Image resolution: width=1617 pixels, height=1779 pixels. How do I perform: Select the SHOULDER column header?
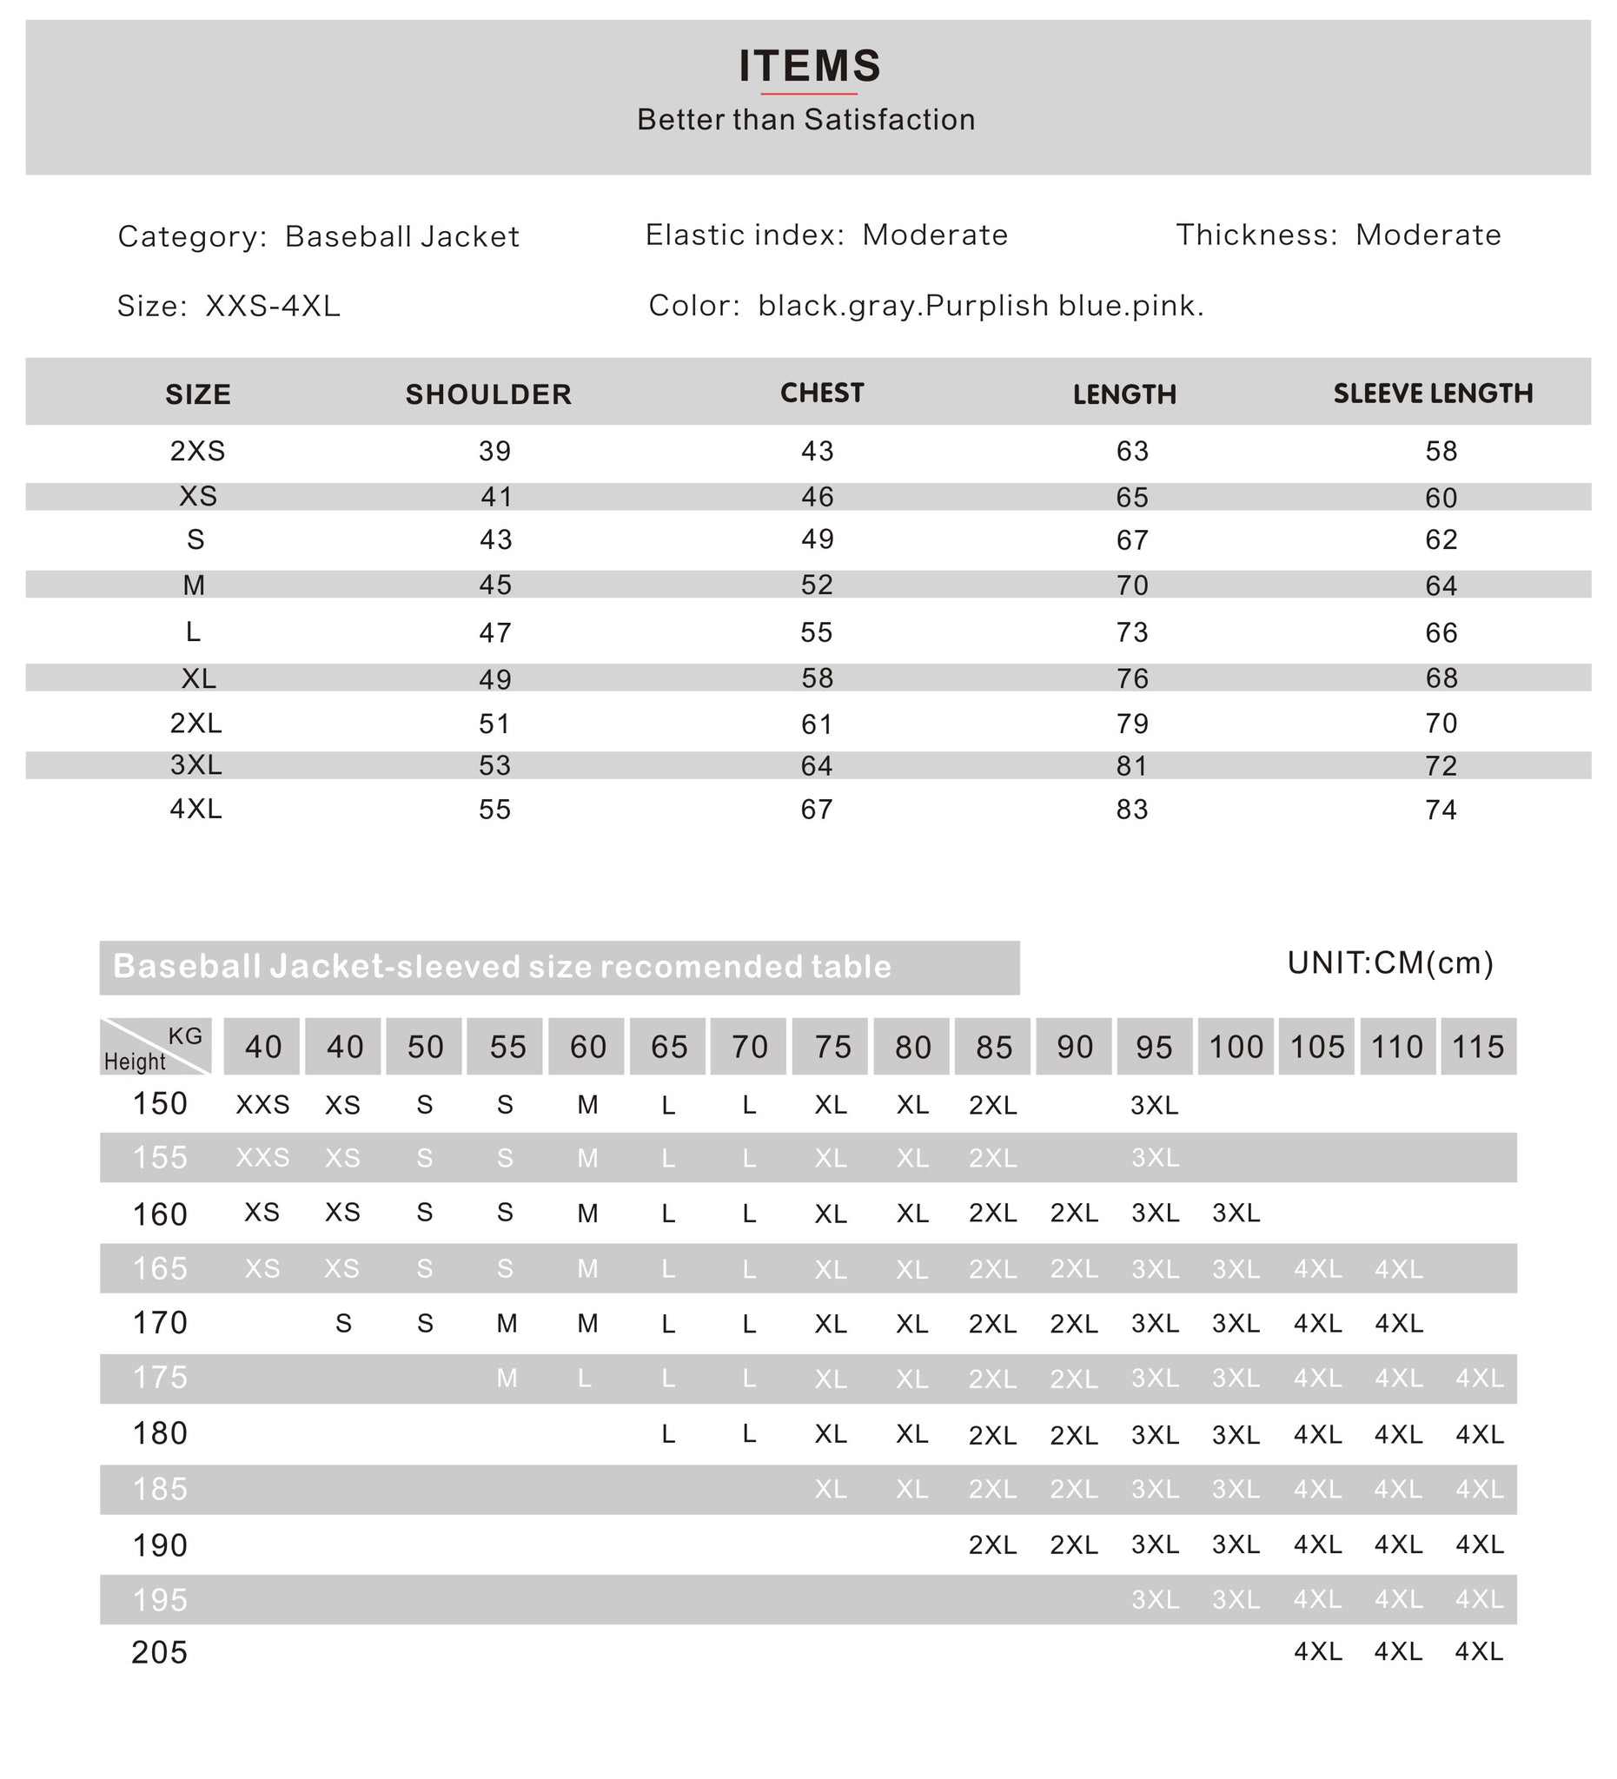pos(488,394)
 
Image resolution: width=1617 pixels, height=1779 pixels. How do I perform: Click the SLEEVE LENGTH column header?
pos(1432,393)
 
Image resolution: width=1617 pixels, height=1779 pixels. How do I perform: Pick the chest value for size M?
pos(817,585)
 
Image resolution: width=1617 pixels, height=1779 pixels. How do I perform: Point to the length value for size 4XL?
pos(1131,810)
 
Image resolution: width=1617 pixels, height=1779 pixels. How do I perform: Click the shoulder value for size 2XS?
pos(494,452)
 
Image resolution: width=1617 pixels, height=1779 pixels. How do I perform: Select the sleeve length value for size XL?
pos(1441,678)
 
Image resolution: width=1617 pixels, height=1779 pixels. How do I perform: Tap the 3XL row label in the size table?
pos(196,764)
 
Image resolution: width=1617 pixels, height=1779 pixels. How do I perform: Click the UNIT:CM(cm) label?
pos(1389,962)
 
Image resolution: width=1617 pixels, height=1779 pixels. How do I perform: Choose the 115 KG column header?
pos(1477,1047)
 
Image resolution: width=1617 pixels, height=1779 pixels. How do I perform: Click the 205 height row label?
pos(160,1652)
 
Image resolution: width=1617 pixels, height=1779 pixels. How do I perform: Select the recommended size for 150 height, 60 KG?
pos(588,1105)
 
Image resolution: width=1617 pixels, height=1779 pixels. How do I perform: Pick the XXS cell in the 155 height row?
pos(262,1157)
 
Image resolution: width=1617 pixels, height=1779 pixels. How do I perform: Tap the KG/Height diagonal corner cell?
pos(156,1047)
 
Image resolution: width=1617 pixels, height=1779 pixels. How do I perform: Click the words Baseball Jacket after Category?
pos(401,236)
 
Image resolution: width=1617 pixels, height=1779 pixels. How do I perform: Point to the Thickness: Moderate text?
pos(1338,235)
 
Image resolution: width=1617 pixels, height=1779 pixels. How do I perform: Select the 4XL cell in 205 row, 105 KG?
pos(1317,1651)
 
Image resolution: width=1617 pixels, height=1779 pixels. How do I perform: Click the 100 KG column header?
pos(1235,1047)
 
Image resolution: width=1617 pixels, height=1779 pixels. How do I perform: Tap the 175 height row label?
pos(160,1378)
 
